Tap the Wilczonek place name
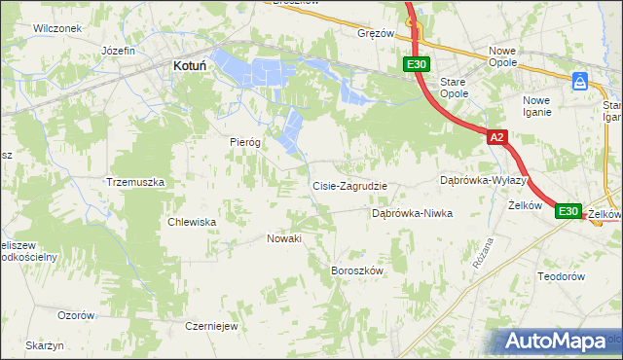[x=55, y=28]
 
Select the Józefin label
[x=117, y=50]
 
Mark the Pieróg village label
[x=245, y=141]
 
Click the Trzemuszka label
[x=135, y=182]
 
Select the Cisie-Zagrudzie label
[x=349, y=186]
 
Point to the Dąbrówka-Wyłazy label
[x=483, y=180]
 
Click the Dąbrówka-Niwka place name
[x=413, y=213]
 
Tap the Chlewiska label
[x=192, y=222]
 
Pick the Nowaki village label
[x=284, y=238]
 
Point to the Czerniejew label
[x=211, y=326]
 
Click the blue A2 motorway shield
[x=496, y=138]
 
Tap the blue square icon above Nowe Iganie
[x=580, y=81]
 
